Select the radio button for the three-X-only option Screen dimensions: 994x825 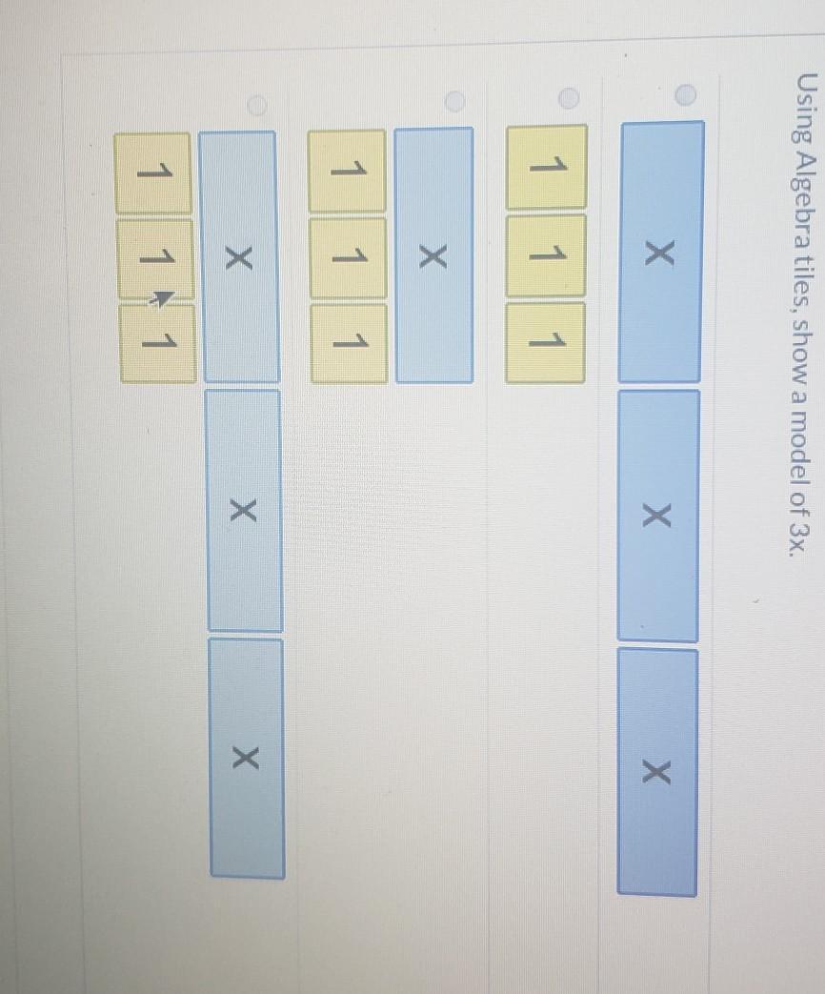click(685, 92)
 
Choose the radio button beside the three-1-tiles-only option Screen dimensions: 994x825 click(569, 97)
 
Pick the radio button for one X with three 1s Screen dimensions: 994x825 click(455, 99)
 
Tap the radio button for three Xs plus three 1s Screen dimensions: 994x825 click(254, 102)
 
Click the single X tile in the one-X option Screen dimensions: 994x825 click(433, 255)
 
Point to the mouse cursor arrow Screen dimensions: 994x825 click(163, 299)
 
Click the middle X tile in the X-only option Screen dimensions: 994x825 click(657, 515)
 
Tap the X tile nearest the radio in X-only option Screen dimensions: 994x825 click(661, 252)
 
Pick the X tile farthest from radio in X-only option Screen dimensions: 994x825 click(657, 772)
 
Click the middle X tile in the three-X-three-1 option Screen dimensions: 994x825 click(244, 511)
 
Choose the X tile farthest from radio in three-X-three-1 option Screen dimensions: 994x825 click(246, 758)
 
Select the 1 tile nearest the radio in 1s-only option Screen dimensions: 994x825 click(546, 167)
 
